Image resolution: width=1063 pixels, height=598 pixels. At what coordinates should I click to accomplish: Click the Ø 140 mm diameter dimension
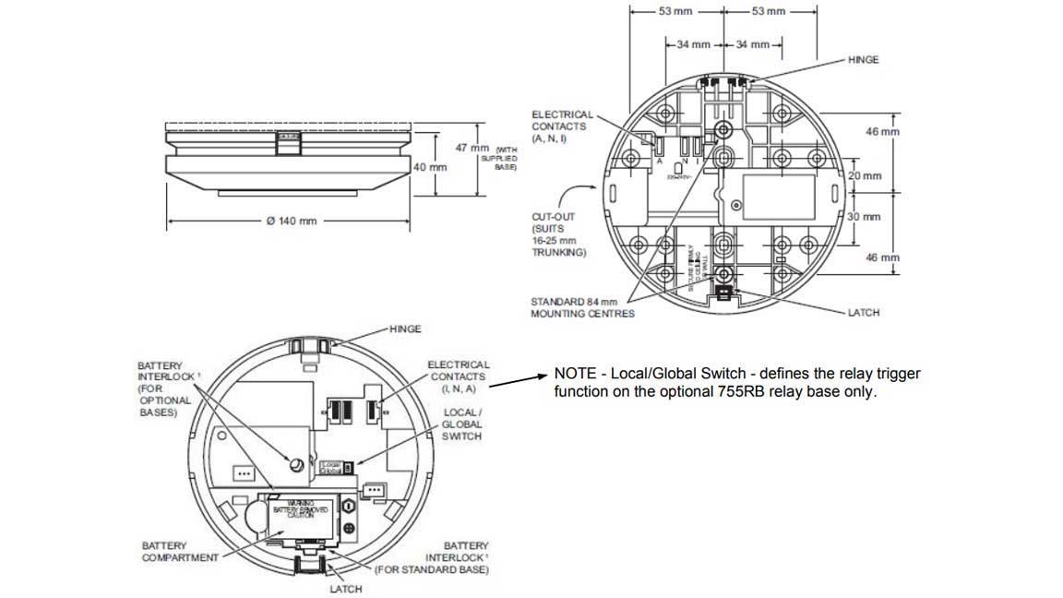pyautogui.click(x=291, y=221)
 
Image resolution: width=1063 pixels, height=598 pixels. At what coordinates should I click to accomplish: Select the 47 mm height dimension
pyautogui.click(x=479, y=148)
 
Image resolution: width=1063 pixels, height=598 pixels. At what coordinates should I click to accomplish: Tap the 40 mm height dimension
pyautogui.click(x=430, y=167)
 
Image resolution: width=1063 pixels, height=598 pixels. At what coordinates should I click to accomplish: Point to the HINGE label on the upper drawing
pyautogui.click(x=863, y=60)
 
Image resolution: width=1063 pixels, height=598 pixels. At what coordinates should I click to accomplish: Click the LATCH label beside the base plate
pyautogui.click(x=863, y=313)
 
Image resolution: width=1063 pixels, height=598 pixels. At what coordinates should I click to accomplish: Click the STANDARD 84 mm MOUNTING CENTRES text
pyautogui.click(x=581, y=307)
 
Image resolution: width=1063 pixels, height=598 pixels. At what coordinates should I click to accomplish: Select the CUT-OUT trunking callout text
pyautogui.click(x=558, y=234)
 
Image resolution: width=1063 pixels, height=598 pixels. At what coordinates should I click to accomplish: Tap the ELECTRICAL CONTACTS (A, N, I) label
pyautogui.click(x=562, y=126)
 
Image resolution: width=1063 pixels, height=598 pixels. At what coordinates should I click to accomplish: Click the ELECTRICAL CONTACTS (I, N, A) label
pyautogui.click(x=458, y=377)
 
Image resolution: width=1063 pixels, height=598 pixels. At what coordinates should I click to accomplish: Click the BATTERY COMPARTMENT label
pyautogui.click(x=180, y=551)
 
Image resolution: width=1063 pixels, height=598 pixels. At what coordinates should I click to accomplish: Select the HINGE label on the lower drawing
pyautogui.click(x=405, y=329)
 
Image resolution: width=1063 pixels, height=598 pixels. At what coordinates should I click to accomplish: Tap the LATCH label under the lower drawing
pyautogui.click(x=345, y=589)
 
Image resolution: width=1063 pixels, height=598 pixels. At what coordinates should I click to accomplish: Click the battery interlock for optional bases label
pyautogui.click(x=163, y=389)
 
